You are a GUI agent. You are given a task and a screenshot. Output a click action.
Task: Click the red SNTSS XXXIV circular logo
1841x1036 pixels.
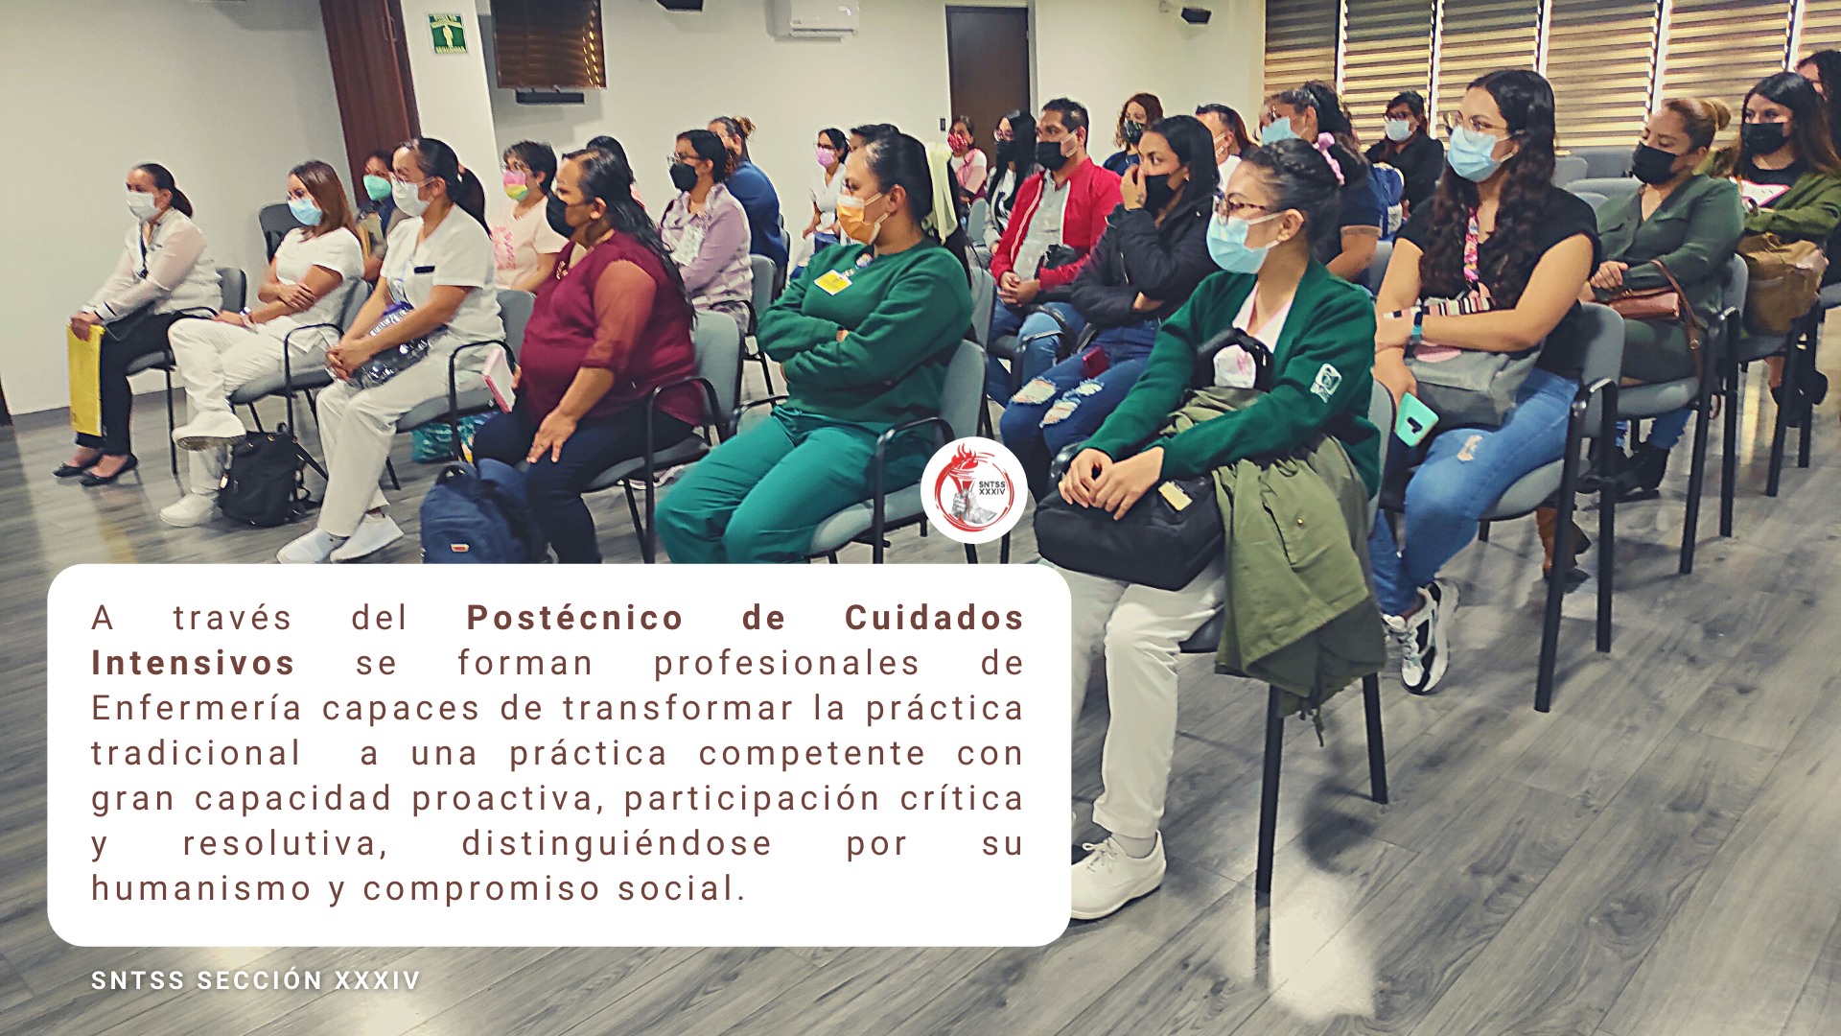(974, 490)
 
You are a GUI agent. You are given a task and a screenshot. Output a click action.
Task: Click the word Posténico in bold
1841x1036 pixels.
(574, 619)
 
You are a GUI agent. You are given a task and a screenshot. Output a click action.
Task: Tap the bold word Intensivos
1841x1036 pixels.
(193, 663)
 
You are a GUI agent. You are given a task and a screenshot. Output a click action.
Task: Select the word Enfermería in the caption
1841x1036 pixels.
(197, 708)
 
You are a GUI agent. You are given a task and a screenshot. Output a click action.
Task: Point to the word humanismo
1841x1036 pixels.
(201, 888)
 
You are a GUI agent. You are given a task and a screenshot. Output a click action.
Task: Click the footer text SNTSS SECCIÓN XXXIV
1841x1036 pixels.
(256, 980)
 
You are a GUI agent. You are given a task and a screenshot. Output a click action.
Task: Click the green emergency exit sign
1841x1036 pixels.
(447, 34)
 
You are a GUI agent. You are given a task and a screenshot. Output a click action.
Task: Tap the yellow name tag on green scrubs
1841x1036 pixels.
(832, 281)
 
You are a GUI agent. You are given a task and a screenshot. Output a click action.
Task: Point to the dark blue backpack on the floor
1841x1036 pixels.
(476, 515)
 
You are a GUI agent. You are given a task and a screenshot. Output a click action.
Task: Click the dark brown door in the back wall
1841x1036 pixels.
(988, 74)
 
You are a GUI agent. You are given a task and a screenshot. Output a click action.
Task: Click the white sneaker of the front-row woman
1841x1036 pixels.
(1117, 875)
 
